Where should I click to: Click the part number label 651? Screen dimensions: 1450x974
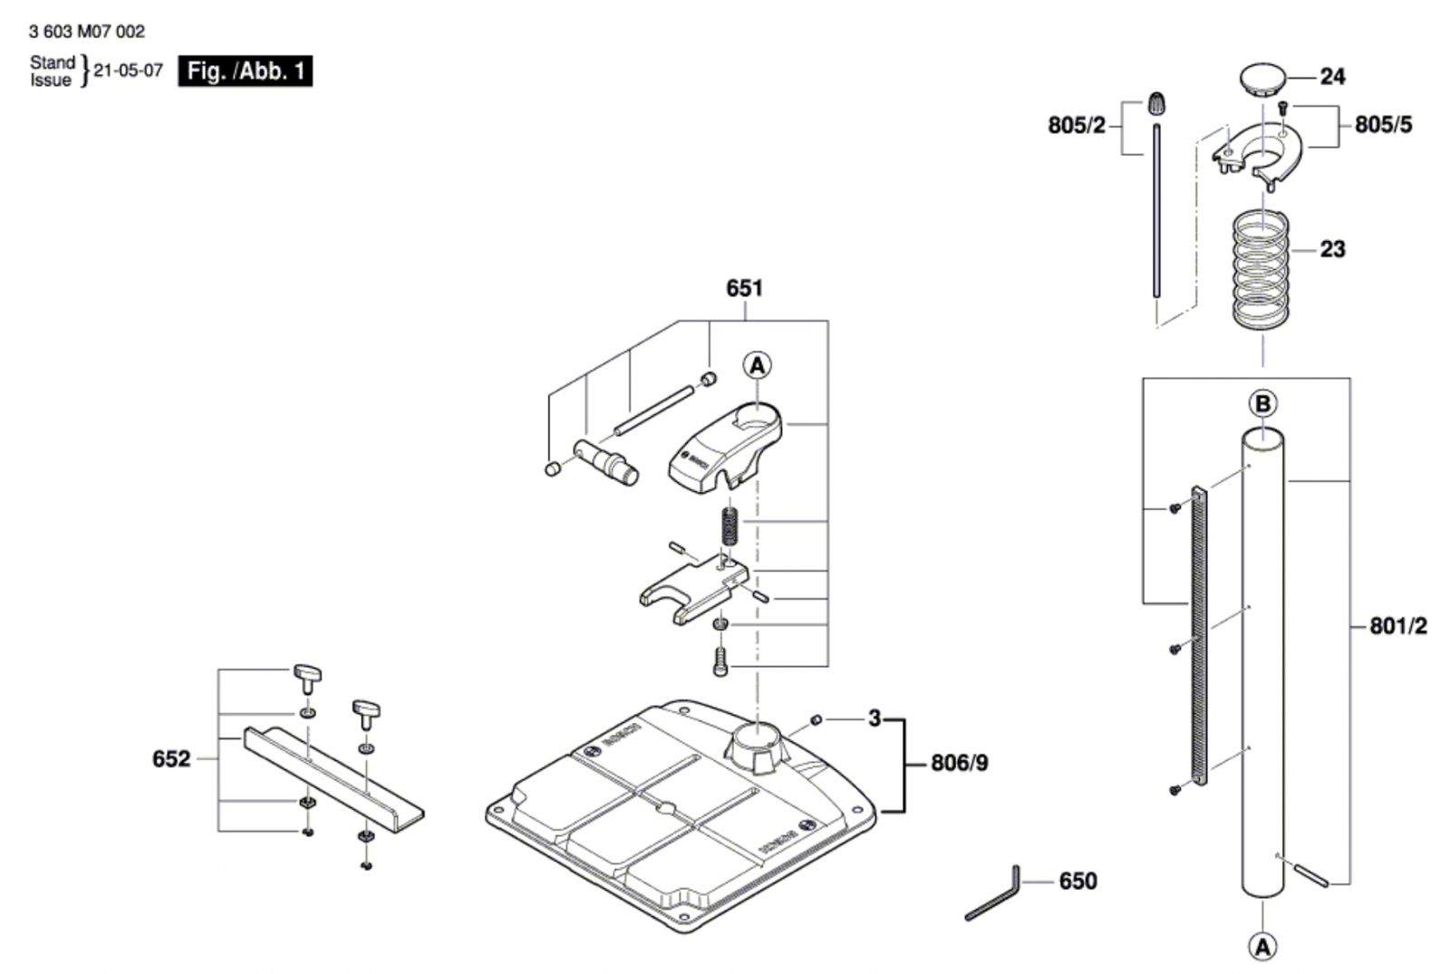(x=744, y=289)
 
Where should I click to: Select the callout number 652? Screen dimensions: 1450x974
(x=171, y=758)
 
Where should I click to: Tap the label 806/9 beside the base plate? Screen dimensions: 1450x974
(x=960, y=764)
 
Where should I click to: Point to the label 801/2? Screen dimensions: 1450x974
(x=1398, y=626)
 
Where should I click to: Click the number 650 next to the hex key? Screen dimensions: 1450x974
(x=1078, y=882)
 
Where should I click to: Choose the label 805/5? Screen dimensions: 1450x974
(x=1383, y=125)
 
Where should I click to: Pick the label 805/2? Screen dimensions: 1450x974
(x=1077, y=126)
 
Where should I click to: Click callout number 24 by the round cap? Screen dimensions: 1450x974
(x=1332, y=77)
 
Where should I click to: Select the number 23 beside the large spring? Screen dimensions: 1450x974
(x=1332, y=249)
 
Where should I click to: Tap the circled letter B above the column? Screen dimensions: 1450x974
(x=1263, y=404)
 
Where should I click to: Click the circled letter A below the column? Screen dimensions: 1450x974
(x=1262, y=948)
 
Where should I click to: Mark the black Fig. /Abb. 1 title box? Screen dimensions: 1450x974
(x=246, y=72)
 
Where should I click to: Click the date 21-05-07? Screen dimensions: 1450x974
(x=128, y=71)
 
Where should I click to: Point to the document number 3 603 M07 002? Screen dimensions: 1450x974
(x=87, y=32)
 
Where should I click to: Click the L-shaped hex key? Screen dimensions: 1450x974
(x=992, y=892)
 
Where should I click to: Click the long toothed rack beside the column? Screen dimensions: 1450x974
(x=1199, y=637)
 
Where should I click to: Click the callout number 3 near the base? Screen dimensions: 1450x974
(x=875, y=718)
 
